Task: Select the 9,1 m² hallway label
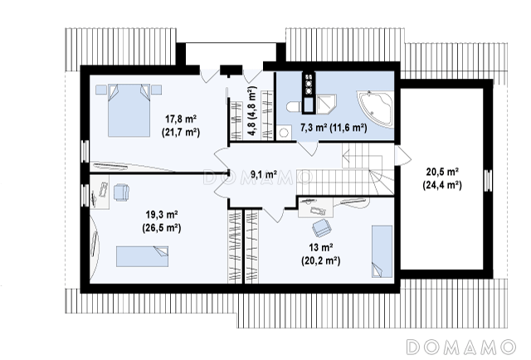coord(264,174)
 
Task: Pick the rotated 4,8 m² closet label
coord(251,111)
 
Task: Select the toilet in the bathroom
coord(293,106)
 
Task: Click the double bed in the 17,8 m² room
coord(129,110)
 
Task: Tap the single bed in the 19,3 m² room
coord(142,256)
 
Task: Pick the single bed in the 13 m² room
coord(382,251)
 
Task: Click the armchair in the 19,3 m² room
coord(121,192)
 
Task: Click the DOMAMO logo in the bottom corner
coord(461,347)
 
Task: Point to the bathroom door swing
coord(308,148)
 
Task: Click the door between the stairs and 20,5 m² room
coord(403,156)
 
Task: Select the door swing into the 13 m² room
coord(274,215)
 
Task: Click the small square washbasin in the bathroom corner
coord(284,132)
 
